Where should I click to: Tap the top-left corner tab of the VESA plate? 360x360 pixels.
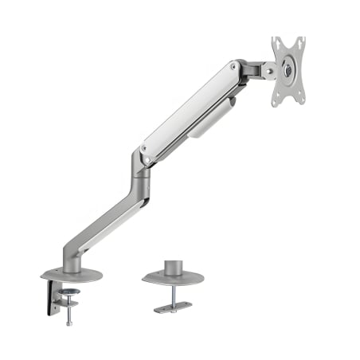point(276,41)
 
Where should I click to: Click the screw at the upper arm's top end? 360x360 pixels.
point(233,68)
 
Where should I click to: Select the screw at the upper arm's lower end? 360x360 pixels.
point(143,148)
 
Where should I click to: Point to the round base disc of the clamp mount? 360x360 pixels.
point(72,275)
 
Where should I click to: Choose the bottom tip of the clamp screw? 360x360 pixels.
point(70,322)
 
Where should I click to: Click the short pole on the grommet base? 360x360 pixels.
point(173,265)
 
